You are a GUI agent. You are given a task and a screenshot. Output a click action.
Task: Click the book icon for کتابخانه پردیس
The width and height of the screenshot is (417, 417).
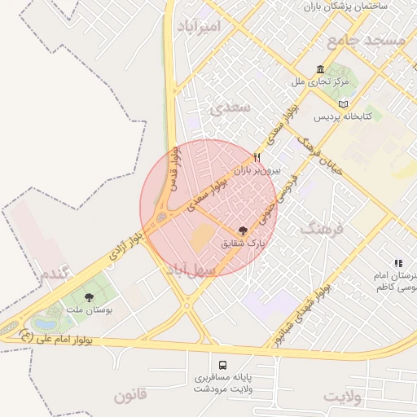click(343, 104)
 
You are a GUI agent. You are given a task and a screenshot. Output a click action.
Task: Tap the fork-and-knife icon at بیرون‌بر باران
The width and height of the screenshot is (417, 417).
click(257, 157)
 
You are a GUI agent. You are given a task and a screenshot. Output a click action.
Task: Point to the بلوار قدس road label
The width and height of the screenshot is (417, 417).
click(173, 169)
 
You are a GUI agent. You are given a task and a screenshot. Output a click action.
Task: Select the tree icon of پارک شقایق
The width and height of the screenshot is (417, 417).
click(243, 231)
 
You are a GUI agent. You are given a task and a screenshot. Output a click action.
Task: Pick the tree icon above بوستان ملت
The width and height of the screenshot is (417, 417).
click(89, 298)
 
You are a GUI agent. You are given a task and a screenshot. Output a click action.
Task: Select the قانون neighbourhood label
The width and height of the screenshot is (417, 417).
click(130, 397)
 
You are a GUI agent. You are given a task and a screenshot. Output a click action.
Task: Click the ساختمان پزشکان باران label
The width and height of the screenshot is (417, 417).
click(347, 7)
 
